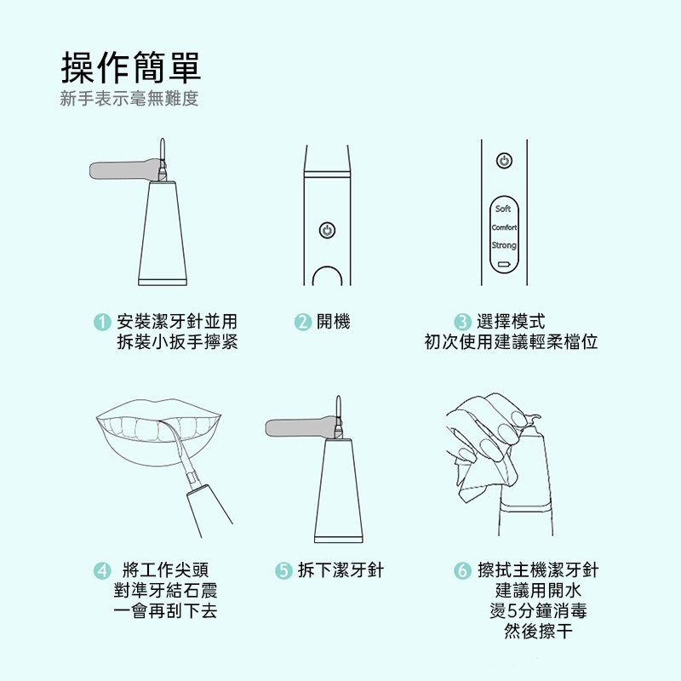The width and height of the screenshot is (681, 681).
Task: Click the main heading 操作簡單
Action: click(131, 67)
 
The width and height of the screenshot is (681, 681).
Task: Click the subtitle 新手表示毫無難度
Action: click(129, 99)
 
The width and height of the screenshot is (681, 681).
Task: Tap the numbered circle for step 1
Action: click(102, 323)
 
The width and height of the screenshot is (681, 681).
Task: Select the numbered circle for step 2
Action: click(303, 323)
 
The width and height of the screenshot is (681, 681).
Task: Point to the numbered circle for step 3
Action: click(462, 323)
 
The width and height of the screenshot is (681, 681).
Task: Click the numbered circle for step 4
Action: click(102, 570)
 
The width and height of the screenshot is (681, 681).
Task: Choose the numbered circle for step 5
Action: click(283, 570)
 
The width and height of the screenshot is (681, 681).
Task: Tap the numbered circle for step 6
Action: click(462, 570)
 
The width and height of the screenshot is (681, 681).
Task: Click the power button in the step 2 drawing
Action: click(327, 230)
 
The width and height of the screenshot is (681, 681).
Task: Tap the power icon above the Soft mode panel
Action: click(504, 161)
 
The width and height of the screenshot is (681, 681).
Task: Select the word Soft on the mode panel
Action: click(503, 209)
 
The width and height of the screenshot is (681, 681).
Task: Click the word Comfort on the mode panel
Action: click(504, 227)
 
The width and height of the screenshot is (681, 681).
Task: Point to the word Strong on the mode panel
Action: click(504, 245)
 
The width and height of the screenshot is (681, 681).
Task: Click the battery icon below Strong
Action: click(504, 264)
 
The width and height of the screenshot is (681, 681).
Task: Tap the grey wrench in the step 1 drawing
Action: click(127, 169)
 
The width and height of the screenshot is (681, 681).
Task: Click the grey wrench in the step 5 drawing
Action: click(303, 427)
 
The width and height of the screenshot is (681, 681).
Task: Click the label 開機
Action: click(333, 322)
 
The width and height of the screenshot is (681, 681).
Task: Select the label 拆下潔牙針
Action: click(340, 570)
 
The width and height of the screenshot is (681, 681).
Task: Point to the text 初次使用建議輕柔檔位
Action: click(511, 342)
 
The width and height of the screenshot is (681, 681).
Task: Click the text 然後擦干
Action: click(538, 631)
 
